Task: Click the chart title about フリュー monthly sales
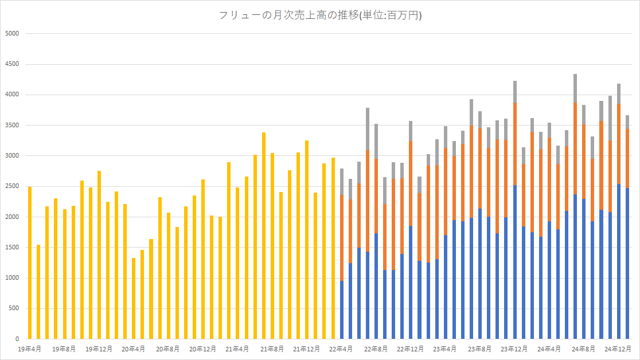pyautogui.click(x=320, y=15)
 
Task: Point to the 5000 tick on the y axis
pyautogui.click(x=12, y=33)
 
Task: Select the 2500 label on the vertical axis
pyautogui.click(x=12, y=186)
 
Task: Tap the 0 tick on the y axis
pyautogui.click(x=17, y=339)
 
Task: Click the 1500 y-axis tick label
pyautogui.click(x=12, y=248)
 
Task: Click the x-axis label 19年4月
pyautogui.click(x=29, y=348)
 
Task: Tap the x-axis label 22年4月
pyautogui.click(x=341, y=348)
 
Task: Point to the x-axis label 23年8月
pyautogui.click(x=479, y=348)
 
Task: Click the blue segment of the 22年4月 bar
pyautogui.click(x=342, y=310)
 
